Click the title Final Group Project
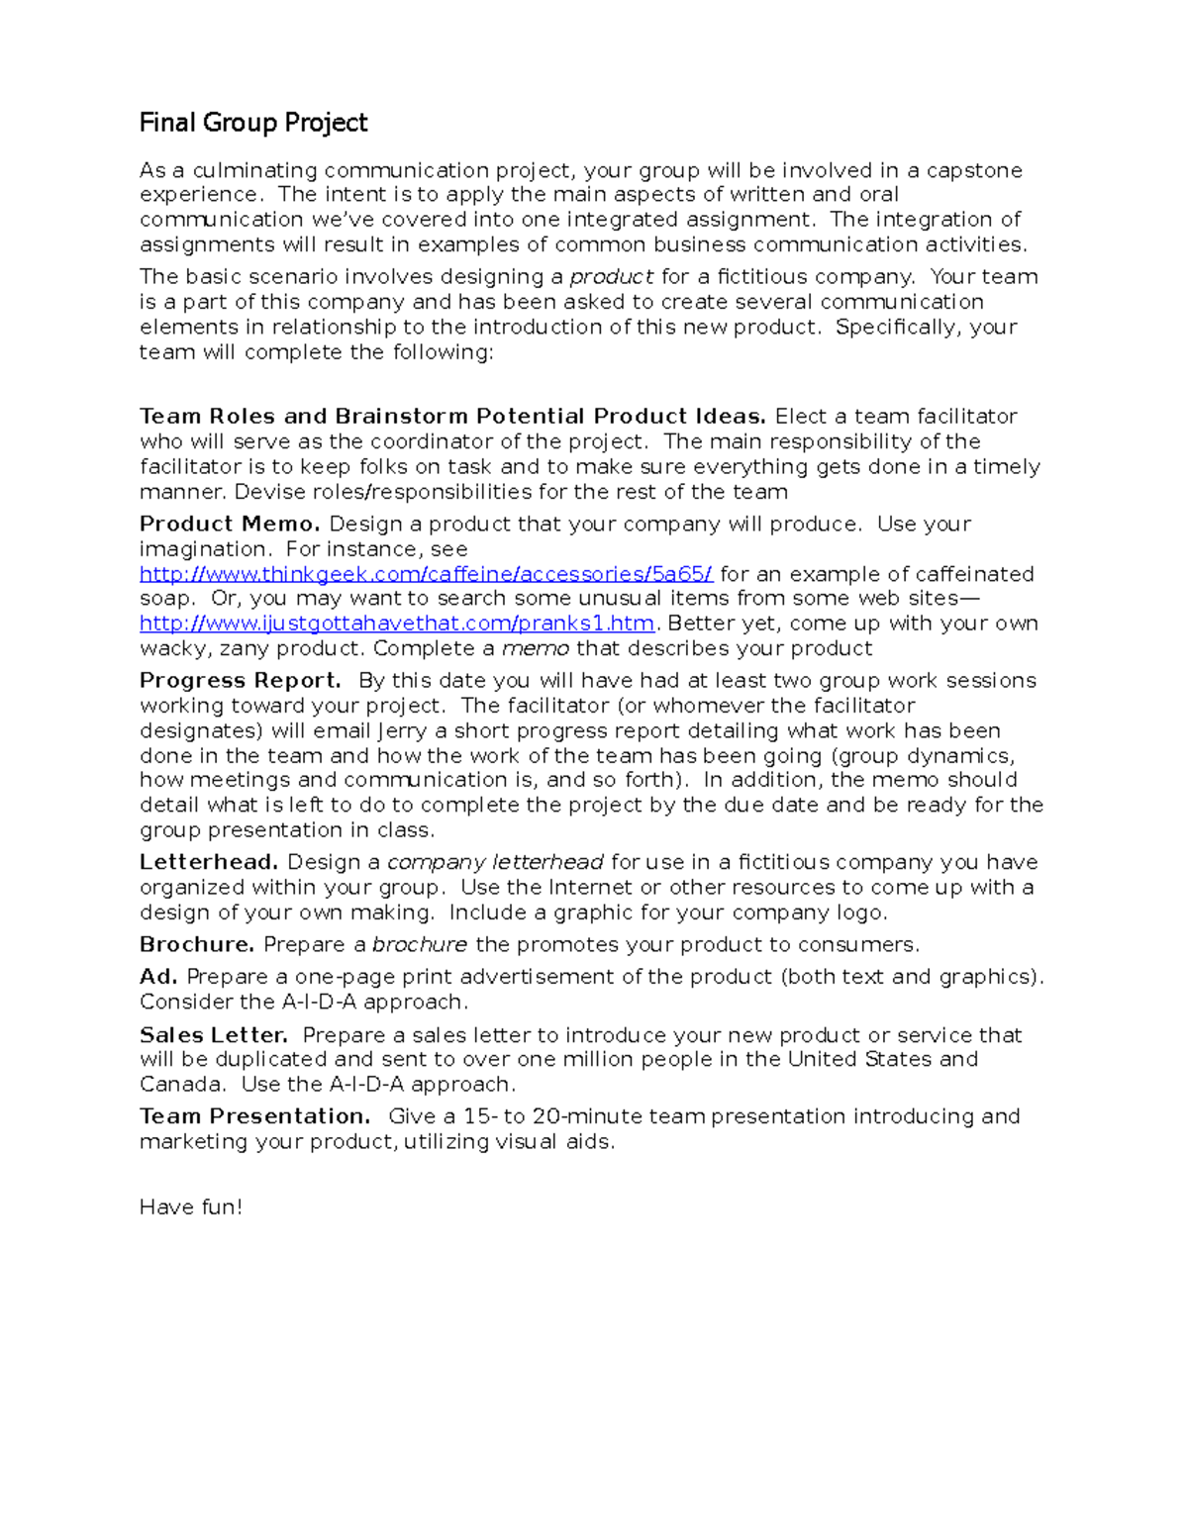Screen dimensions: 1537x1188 pos(253,123)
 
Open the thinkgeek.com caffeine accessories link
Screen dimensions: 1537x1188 pos(426,574)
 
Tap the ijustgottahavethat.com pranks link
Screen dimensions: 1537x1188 pos(396,624)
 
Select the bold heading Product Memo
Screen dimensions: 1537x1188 pos(230,524)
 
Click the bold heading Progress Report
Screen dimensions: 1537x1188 pos(241,680)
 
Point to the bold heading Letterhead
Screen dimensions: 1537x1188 pos(209,862)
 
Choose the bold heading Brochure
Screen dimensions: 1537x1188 pos(197,944)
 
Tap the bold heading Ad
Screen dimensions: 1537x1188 pos(158,977)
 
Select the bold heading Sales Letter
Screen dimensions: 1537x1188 pos(214,1035)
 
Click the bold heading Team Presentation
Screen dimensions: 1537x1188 pos(254,1116)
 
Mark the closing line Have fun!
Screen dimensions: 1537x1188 pos(191,1207)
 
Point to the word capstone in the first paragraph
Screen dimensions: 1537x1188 pos(974,170)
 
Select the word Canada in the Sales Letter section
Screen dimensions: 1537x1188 pos(181,1085)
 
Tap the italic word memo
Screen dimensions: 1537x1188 pos(536,648)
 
